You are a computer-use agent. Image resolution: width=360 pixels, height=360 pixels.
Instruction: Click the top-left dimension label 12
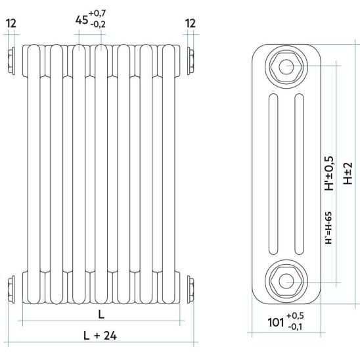click(11, 24)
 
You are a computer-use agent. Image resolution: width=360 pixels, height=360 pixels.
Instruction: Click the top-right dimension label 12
click(191, 24)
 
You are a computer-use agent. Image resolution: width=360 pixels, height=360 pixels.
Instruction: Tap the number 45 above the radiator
click(81, 20)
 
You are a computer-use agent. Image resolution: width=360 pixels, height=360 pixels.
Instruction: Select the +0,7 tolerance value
click(97, 14)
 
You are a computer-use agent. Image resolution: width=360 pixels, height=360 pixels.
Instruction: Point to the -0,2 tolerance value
click(98, 24)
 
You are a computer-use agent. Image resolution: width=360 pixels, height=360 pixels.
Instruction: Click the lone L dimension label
click(101, 314)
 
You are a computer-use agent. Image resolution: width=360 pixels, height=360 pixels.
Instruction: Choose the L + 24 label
click(100, 336)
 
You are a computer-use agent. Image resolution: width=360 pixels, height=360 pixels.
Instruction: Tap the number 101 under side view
click(276, 322)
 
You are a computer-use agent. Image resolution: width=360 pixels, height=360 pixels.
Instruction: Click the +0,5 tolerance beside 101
click(295, 316)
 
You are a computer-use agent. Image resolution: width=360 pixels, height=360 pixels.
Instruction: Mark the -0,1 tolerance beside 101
click(296, 326)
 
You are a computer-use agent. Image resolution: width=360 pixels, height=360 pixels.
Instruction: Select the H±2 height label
click(348, 173)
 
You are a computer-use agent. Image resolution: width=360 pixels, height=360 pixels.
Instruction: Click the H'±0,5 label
click(329, 173)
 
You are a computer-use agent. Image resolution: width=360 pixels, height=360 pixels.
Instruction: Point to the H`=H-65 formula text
click(328, 228)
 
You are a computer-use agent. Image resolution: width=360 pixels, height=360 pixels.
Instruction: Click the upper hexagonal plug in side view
click(286, 67)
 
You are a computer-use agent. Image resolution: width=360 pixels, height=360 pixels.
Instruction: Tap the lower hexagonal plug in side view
click(286, 281)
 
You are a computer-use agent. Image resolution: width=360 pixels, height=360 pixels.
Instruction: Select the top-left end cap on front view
click(11, 61)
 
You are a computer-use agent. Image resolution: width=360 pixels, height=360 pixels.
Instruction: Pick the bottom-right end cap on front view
click(191, 289)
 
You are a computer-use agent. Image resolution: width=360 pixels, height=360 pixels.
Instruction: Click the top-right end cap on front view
click(191, 61)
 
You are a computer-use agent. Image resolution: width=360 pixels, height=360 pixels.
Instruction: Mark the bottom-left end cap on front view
click(11, 289)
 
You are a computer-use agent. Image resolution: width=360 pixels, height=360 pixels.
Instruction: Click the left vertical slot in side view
click(273, 174)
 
